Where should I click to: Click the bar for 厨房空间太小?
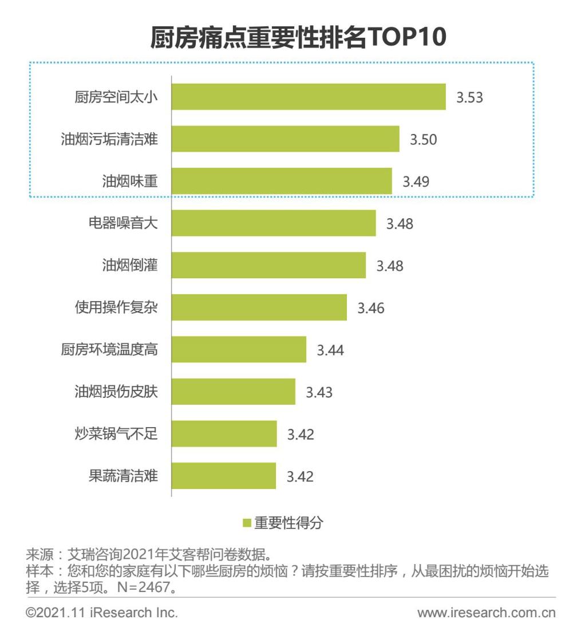(x=309, y=96)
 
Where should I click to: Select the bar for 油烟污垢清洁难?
(x=285, y=139)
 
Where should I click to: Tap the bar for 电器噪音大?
(x=274, y=223)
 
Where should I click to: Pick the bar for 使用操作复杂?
(x=259, y=307)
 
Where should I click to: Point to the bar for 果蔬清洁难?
(x=223, y=476)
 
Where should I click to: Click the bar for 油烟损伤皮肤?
(x=233, y=392)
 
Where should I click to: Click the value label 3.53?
(x=469, y=97)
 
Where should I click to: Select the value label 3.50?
(x=423, y=139)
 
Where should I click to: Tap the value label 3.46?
(x=371, y=308)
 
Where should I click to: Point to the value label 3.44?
(x=330, y=350)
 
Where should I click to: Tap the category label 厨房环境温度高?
(x=109, y=349)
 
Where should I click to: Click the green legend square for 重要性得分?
(x=247, y=523)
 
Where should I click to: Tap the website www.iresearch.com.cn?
(x=487, y=613)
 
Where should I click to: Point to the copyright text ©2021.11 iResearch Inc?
(x=101, y=613)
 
